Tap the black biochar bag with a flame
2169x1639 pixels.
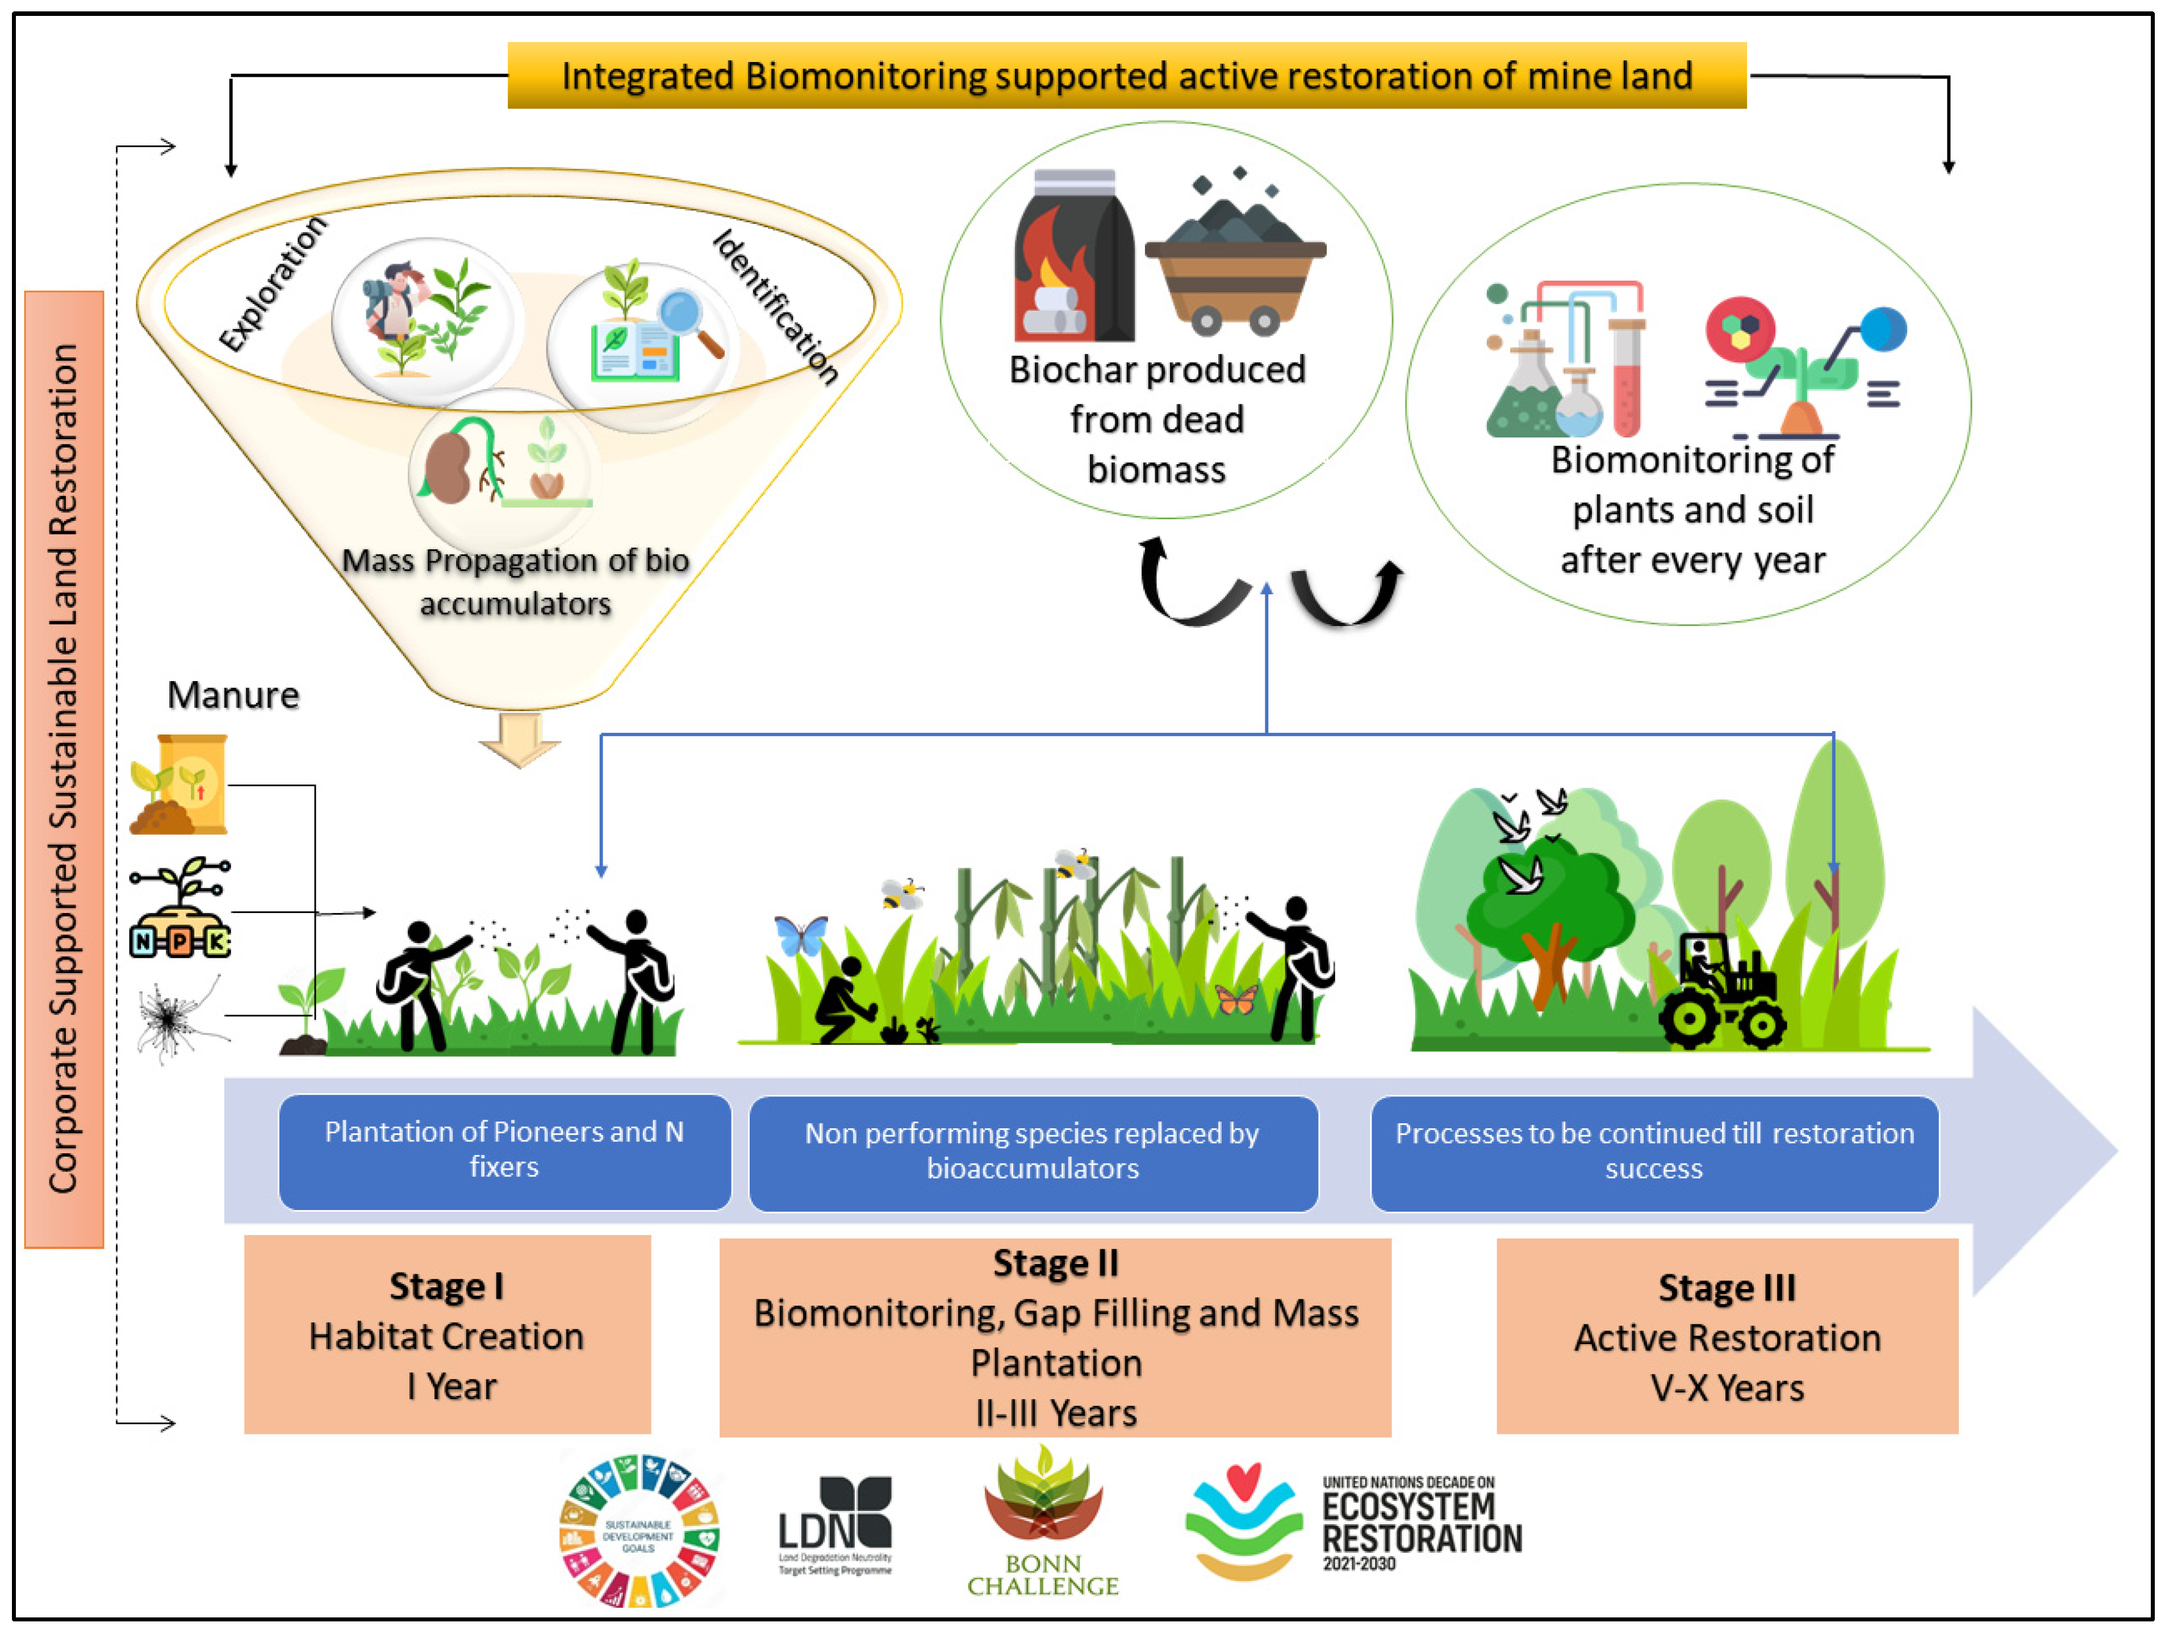click(1074, 260)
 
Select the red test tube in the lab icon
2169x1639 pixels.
click(1626, 378)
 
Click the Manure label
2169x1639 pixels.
click(232, 695)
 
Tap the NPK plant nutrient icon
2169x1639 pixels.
click(181, 910)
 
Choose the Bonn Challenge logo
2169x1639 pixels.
click(1042, 1520)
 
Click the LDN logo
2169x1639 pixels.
click(835, 1525)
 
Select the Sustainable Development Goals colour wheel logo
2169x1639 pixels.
click(640, 1530)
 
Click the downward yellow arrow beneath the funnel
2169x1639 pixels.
click(520, 737)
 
